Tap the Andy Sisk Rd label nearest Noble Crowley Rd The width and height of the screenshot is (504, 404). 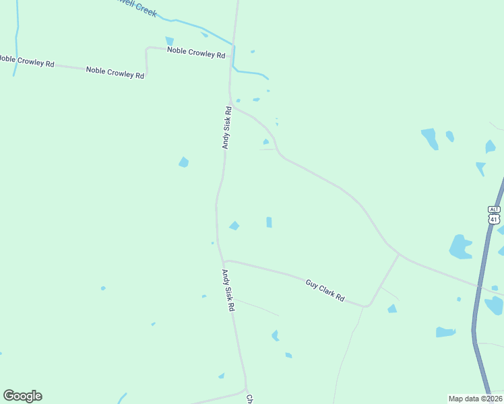[228, 127]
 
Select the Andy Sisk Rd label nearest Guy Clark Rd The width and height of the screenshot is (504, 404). [228, 290]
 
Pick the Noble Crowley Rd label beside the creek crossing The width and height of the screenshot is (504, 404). [195, 53]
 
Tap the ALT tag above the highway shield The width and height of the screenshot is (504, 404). [495, 209]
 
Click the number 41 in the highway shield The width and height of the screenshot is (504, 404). [495, 219]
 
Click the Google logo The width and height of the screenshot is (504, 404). [22, 396]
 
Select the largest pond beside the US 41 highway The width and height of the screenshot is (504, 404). [460, 248]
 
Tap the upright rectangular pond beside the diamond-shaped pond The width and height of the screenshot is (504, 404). [269, 222]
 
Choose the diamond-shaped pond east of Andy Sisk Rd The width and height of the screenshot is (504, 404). [234, 226]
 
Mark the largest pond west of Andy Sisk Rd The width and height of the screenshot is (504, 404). [183, 162]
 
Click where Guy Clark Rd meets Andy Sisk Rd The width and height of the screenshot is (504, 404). [223, 262]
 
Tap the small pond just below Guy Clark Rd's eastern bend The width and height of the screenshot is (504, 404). [391, 309]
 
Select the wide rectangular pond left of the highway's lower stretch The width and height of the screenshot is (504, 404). [445, 332]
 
